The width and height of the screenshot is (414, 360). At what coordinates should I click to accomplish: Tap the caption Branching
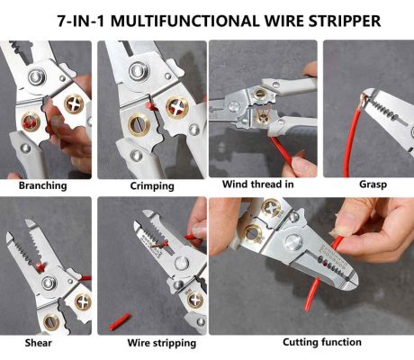tap(42, 185)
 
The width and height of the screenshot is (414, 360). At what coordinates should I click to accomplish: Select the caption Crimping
tap(152, 186)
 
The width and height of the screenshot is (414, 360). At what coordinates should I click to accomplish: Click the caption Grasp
tap(373, 184)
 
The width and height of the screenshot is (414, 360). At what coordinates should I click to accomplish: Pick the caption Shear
tap(38, 343)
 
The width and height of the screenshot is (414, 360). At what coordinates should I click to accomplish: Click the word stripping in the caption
tap(175, 343)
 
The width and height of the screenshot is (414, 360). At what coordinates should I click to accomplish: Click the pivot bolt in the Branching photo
tap(37, 76)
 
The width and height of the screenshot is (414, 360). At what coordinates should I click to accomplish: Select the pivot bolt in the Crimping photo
tap(139, 71)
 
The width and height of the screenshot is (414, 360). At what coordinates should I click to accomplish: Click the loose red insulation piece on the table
tap(119, 321)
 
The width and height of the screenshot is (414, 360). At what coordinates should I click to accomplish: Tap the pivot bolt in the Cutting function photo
tap(293, 242)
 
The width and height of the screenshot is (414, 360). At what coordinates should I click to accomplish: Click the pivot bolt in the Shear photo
tap(49, 283)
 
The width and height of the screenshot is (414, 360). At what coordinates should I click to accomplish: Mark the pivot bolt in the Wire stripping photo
tap(182, 264)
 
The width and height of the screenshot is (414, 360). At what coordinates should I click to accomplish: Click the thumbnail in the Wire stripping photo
tap(199, 231)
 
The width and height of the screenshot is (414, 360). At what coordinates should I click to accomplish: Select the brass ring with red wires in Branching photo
tap(31, 121)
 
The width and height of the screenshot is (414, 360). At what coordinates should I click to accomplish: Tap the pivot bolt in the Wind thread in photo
tap(233, 106)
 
